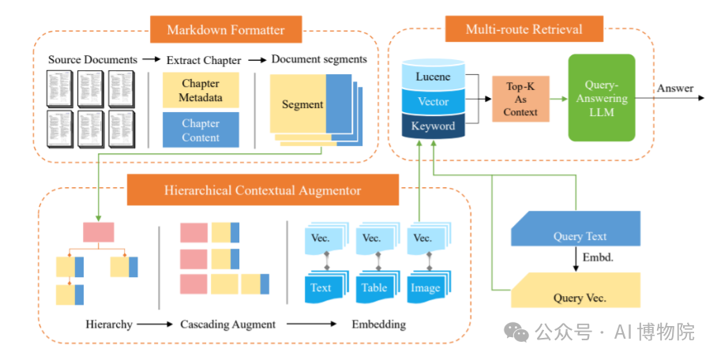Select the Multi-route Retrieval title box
524,29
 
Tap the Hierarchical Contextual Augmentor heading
262,190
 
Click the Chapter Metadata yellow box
201,91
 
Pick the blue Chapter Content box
201,130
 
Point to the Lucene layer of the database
434,77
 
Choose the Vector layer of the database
434,101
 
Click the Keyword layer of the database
434,126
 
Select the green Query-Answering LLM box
602,98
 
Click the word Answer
675,88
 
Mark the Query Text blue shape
575,235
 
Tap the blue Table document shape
374,287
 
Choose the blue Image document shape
425,287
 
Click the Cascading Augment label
227,324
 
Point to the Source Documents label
92,60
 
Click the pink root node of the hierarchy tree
99,231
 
